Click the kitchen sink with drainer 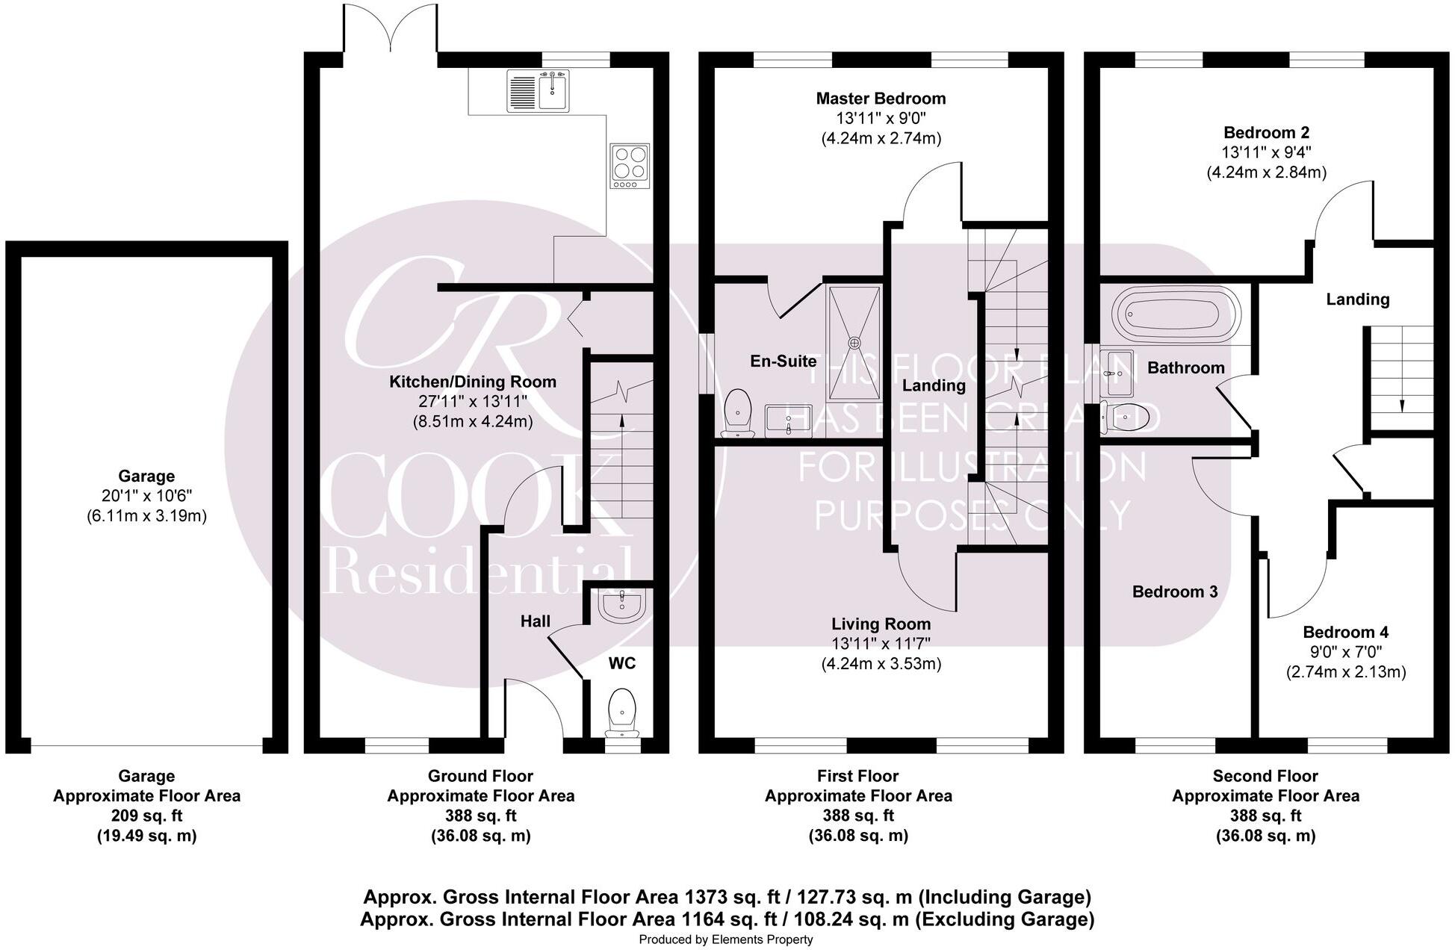point(538,90)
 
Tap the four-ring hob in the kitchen point(629,166)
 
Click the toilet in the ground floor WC point(621,710)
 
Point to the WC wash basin point(621,606)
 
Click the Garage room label point(146,476)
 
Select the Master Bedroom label point(881,99)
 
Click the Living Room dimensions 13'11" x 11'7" point(881,644)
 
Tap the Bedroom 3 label point(1174,592)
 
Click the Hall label point(535,621)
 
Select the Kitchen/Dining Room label point(472,382)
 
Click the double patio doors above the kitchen point(390,30)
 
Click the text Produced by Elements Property point(725,940)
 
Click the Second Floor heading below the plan point(1265,776)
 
